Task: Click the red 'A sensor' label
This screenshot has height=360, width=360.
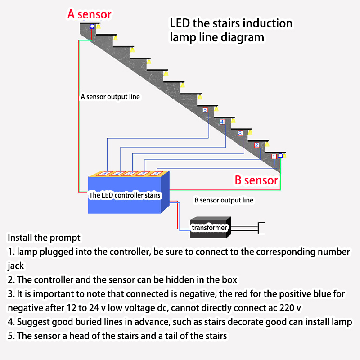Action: [x=89, y=14]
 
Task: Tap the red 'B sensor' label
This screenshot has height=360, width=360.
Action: [x=256, y=180]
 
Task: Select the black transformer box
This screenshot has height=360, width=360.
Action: [x=209, y=227]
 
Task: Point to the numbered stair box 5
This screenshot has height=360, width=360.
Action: [x=205, y=110]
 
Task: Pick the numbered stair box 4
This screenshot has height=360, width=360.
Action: [x=222, y=121]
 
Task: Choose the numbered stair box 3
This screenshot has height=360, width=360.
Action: [x=240, y=133]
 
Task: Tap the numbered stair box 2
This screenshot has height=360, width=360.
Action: [x=256, y=145]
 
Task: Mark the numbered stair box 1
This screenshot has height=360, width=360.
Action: [x=274, y=156]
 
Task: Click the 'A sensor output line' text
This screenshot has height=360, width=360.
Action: [x=110, y=97]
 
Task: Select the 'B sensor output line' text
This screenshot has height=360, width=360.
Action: [x=224, y=200]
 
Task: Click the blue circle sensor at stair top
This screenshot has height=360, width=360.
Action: [x=92, y=26]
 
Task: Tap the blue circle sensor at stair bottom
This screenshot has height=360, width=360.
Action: [x=280, y=156]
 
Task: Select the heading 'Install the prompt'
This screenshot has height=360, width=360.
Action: [x=44, y=237]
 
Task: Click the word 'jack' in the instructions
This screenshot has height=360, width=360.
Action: [x=16, y=265]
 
